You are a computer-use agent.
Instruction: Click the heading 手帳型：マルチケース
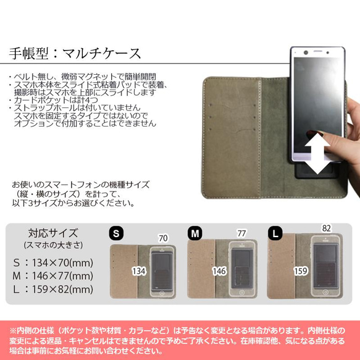click(x=75, y=52)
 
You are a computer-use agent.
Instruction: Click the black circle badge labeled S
click(x=115, y=233)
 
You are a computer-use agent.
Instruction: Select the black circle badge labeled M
click(x=194, y=233)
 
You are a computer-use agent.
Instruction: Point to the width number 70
click(x=163, y=237)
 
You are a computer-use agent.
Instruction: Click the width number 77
click(x=241, y=234)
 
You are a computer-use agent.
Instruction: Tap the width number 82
click(x=325, y=228)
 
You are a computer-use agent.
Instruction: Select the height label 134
click(x=140, y=270)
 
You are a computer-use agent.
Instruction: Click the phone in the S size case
click(x=163, y=272)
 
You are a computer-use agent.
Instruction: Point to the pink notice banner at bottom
click(x=180, y=339)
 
